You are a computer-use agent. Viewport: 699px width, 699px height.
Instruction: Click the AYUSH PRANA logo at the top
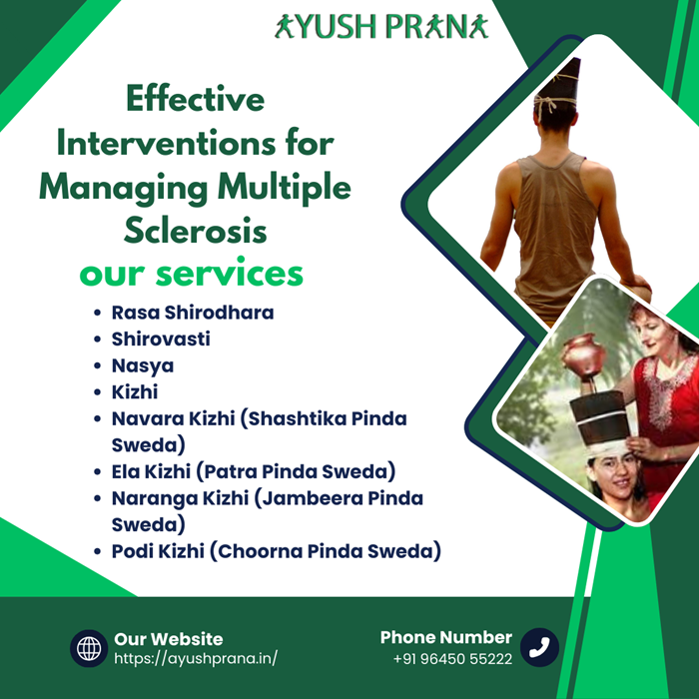click(381, 26)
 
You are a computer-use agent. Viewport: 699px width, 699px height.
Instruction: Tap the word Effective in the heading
click(196, 99)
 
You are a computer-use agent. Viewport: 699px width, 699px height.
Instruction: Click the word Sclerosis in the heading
click(196, 231)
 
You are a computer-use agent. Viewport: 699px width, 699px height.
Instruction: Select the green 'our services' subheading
click(192, 273)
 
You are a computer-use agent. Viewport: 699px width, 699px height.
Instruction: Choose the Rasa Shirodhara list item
click(193, 313)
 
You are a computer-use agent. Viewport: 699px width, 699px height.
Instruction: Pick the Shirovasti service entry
click(161, 339)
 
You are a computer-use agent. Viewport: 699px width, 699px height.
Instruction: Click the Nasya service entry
click(143, 366)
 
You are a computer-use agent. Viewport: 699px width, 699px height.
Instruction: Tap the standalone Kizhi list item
click(135, 391)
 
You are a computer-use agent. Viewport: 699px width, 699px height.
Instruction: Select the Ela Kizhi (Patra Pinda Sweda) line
click(254, 471)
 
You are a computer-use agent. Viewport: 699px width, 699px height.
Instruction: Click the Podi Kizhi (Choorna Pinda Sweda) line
click(277, 551)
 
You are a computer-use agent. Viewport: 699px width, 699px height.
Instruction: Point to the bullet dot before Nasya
click(97, 366)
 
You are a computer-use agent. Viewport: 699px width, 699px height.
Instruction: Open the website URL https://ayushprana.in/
click(196, 658)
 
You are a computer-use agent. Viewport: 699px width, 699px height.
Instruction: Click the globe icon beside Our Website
click(89, 648)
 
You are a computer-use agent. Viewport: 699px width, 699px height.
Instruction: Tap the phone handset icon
click(539, 647)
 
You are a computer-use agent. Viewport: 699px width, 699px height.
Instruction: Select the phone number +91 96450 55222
click(453, 658)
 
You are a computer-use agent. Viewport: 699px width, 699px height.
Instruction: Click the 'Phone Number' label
click(445, 637)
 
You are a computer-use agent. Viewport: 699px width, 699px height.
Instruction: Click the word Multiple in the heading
click(285, 188)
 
